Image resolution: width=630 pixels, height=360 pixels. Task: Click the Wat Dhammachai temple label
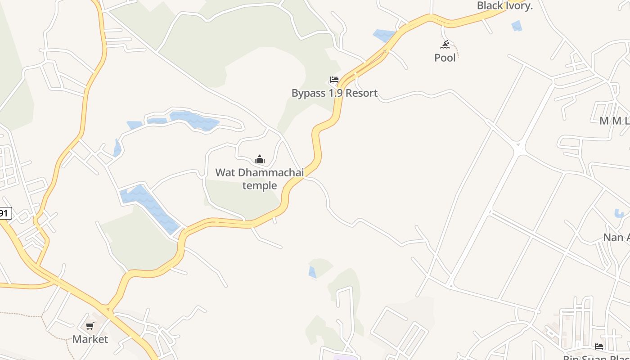click(x=260, y=179)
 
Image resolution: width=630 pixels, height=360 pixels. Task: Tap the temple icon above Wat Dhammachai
click(x=260, y=159)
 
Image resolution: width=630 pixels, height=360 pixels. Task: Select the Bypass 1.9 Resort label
click(x=334, y=93)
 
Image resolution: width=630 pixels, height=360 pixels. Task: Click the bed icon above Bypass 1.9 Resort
click(x=334, y=80)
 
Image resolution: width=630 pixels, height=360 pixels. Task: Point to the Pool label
click(x=445, y=58)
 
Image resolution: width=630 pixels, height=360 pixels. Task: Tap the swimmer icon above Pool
click(x=445, y=44)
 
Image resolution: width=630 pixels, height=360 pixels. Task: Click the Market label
click(x=90, y=339)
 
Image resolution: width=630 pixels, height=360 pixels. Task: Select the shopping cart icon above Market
click(x=90, y=326)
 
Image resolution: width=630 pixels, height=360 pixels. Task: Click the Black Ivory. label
click(x=505, y=6)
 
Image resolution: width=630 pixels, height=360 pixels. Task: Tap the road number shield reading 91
click(x=4, y=213)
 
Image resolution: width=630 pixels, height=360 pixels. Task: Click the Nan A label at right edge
click(x=616, y=237)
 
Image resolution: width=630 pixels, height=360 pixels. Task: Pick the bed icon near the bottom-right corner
click(x=599, y=346)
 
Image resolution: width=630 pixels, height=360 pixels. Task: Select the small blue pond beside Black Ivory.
click(x=517, y=26)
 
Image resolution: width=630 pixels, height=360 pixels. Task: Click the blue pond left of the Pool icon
click(x=384, y=35)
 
